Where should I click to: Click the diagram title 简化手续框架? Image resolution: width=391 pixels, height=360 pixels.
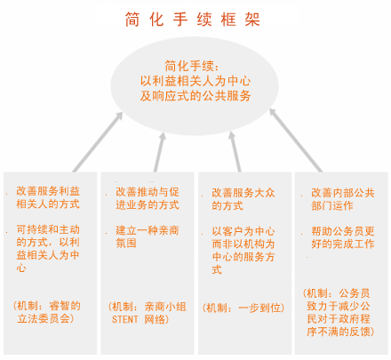(x=192, y=20)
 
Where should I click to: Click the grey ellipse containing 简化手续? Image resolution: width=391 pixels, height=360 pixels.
(x=195, y=86)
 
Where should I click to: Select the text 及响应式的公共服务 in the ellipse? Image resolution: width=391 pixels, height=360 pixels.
(x=195, y=96)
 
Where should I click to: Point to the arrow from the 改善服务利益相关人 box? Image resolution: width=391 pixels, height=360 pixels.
(x=98, y=142)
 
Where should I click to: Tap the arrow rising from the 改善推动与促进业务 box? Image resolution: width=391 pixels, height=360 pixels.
(x=160, y=152)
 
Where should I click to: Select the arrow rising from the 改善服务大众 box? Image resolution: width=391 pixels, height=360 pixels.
(x=235, y=152)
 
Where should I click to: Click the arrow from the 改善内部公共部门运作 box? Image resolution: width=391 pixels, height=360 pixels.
(x=296, y=140)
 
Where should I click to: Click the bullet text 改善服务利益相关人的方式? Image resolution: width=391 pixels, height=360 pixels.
(x=48, y=197)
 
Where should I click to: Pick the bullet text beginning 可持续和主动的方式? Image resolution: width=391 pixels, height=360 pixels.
(x=48, y=248)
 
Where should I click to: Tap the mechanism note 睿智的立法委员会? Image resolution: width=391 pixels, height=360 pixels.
(x=47, y=312)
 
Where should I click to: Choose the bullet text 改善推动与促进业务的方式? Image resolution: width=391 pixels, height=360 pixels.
(x=148, y=198)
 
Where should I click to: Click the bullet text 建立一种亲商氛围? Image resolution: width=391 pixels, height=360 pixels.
(x=148, y=236)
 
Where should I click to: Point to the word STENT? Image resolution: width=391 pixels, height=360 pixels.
(x=124, y=319)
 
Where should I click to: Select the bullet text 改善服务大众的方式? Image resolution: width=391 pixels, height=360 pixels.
(x=243, y=199)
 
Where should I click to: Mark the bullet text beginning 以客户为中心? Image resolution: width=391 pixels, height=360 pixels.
(x=243, y=251)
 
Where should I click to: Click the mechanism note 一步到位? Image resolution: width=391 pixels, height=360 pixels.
(x=243, y=308)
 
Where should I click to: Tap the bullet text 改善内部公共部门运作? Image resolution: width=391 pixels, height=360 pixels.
(x=343, y=199)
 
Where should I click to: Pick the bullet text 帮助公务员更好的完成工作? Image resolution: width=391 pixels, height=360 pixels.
(x=343, y=237)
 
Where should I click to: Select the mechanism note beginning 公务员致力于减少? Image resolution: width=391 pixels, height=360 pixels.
(x=339, y=313)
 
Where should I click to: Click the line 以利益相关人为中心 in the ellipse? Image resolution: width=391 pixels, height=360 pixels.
(x=195, y=81)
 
